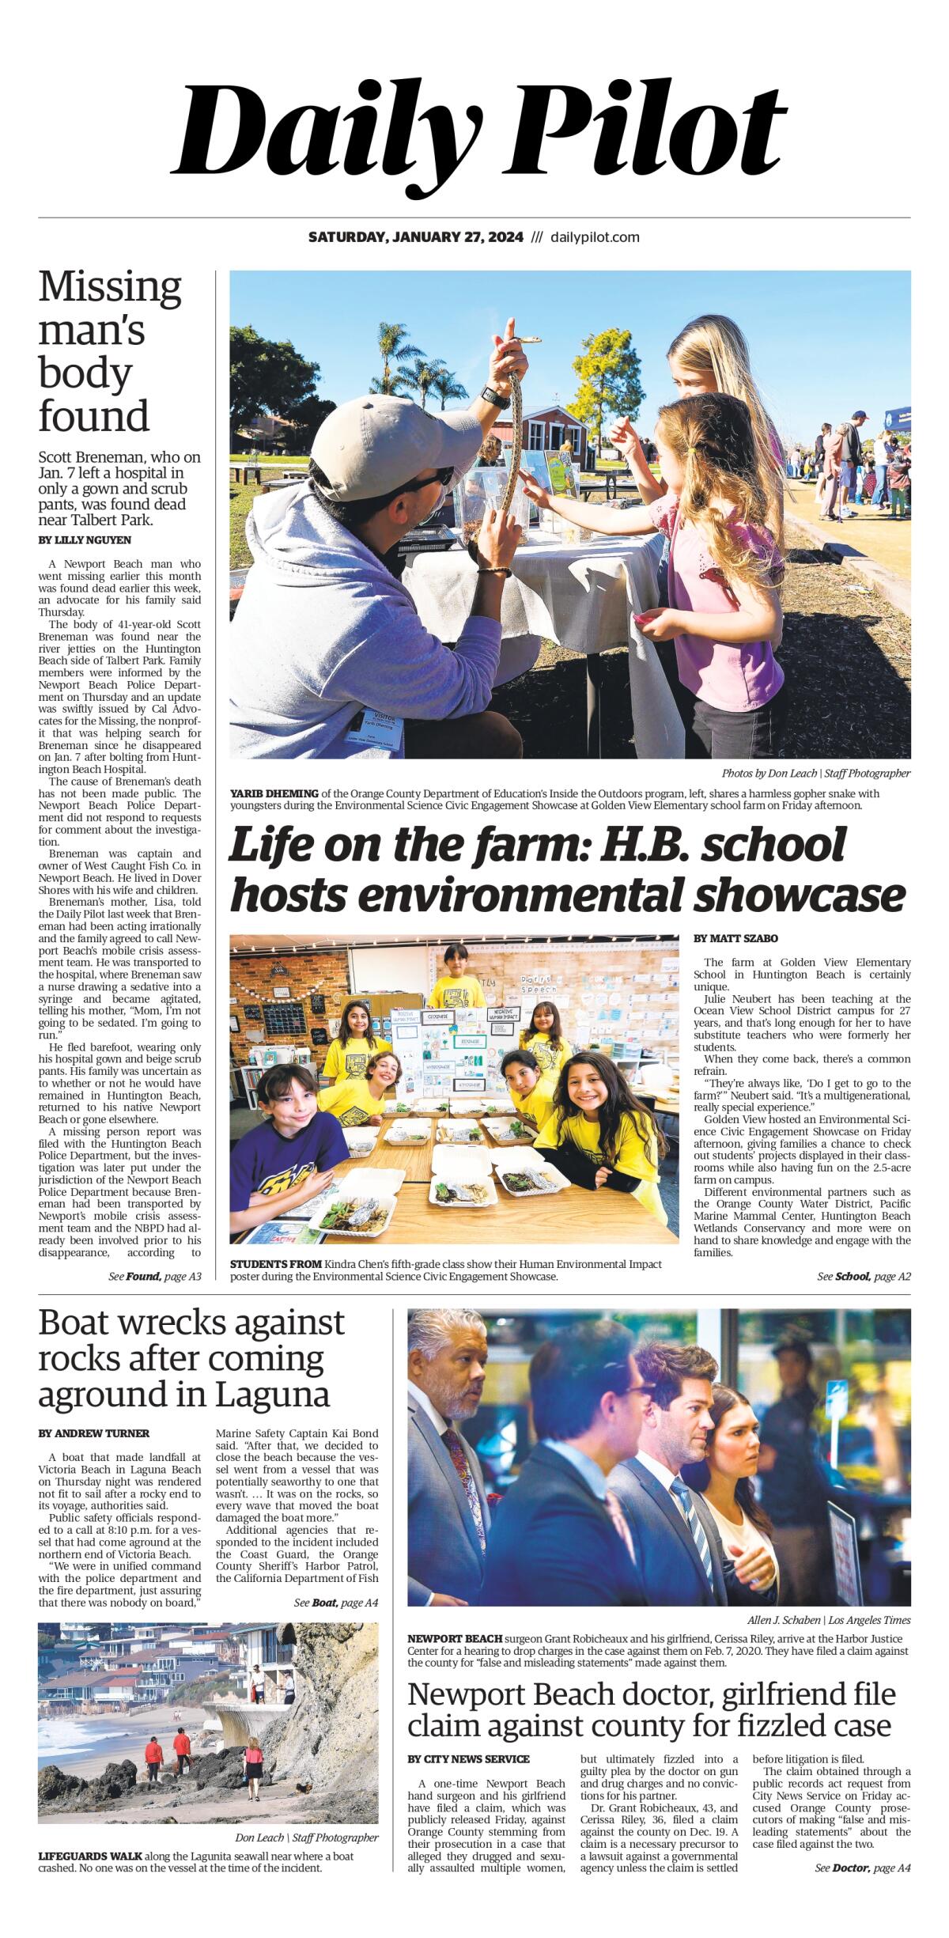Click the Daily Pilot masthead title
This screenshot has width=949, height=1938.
479,131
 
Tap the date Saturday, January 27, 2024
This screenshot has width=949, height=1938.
415,237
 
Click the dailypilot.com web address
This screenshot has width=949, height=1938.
595,237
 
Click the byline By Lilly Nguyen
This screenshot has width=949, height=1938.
85,540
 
